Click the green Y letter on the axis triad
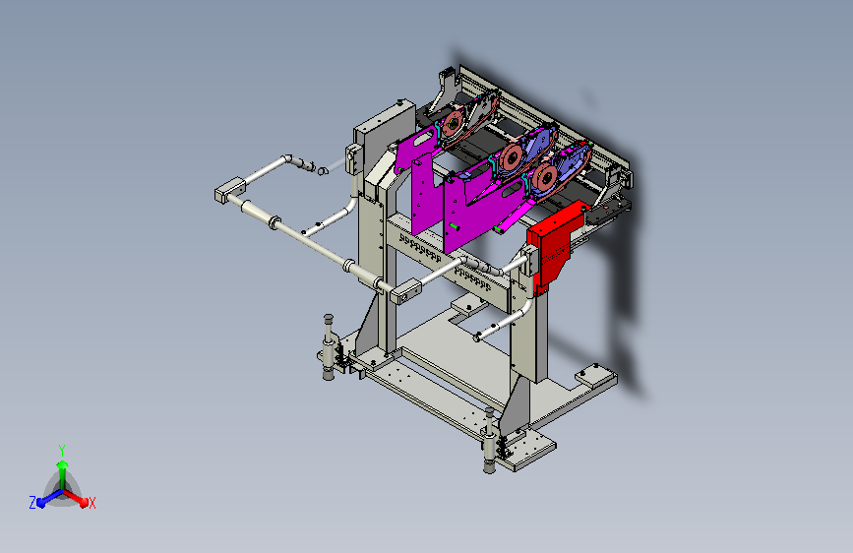tap(62, 450)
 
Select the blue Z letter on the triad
tap(32, 503)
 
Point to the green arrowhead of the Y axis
tap(63, 465)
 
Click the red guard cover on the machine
tap(555, 246)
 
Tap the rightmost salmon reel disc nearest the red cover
tap(544, 177)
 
